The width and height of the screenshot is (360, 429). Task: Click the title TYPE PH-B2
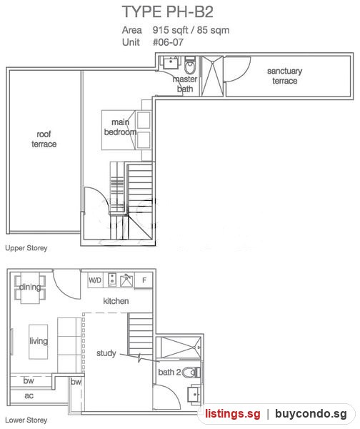click(x=167, y=11)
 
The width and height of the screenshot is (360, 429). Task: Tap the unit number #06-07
click(x=168, y=42)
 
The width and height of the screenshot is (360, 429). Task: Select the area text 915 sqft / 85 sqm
click(x=191, y=30)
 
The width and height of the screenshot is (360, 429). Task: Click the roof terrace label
click(x=44, y=139)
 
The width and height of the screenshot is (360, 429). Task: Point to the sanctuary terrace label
click(x=284, y=76)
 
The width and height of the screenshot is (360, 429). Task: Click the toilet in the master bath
click(x=190, y=65)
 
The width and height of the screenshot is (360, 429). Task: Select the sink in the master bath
click(x=171, y=62)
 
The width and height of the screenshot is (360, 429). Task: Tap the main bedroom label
click(x=120, y=127)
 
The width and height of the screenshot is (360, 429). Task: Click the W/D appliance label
click(x=95, y=280)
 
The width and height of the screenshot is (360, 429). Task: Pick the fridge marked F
click(x=144, y=280)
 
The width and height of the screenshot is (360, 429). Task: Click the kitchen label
click(x=116, y=301)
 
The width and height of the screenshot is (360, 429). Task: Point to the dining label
click(x=30, y=287)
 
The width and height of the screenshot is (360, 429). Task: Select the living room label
click(x=39, y=341)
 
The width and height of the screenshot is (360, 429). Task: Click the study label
click(x=106, y=353)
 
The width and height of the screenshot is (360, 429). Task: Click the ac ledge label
click(x=29, y=395)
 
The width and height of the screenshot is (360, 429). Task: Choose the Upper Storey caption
click(x=26, y=248)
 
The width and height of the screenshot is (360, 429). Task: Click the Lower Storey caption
click(x=26, y=420)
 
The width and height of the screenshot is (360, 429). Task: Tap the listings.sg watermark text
click(x=233, y=414)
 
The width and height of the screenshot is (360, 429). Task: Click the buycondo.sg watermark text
click(x=311, y=414)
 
